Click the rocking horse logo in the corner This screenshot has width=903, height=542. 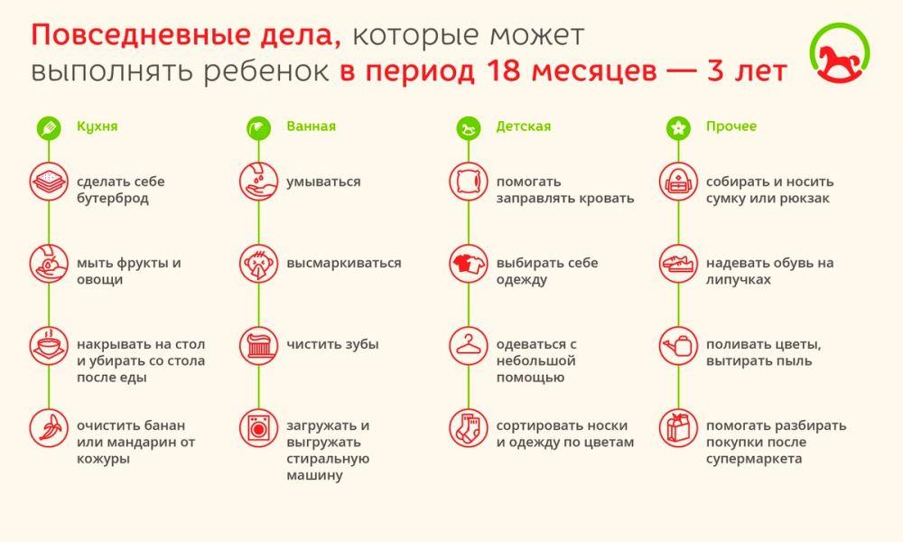pyautogui.click(x=839, y=53)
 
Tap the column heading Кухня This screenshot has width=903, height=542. pyautogui.click(x=98, y=126)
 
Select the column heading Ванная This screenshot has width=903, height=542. pyautogui.click(x=311, y=126)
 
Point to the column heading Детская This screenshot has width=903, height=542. pyautogui.click(x=524, y=126)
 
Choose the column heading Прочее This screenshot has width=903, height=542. pyautogui.click(x=731, y=126)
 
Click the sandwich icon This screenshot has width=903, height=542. pyautogui.click(x=49, y=182)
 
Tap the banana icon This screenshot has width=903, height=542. pyautogui.click(x=49, y=428)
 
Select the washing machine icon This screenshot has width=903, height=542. pyautogui.click(x=258, y=428)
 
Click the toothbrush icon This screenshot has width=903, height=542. pyautogui.click(x=258, y=346)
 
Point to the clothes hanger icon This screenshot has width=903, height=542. pyautogui.click(x=468, y=346)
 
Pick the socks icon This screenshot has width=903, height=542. pyautogui.click(x=468, y=428)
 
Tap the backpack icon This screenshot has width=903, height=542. pyautogui.click(x=678, y=182)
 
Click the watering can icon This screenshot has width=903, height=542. pyautogui.click(x=678, y=346)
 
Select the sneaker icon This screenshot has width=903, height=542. pyautogui.click(x=678, y=263)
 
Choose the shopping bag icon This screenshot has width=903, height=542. pyautogui.click(x=678, y=428)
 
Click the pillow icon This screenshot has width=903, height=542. pyautogui.click(x=468, y=182)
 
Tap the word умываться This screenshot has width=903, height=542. pyautogui.click(x=323, y=182)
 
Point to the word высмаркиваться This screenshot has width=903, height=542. pyautogui.click(x=344, y=263)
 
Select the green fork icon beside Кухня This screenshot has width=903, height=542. pyautogui.click(x=49, y=127)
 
